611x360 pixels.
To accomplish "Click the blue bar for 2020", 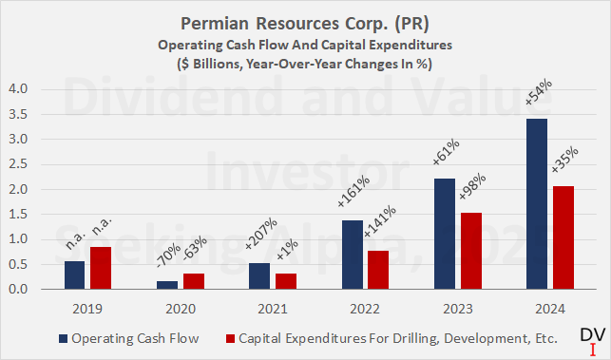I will coord(167,285).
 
